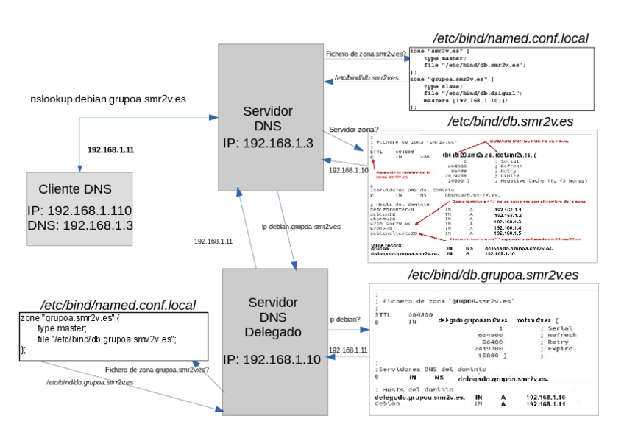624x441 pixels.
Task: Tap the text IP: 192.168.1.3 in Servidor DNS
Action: tap(267, 141)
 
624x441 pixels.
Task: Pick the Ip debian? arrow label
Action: tap(344, 319)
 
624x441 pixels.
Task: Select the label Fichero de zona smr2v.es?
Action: tap(365, 54)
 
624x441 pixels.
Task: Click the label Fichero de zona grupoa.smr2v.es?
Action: tap(157, 369)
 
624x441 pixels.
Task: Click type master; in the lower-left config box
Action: tap(62, 328)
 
